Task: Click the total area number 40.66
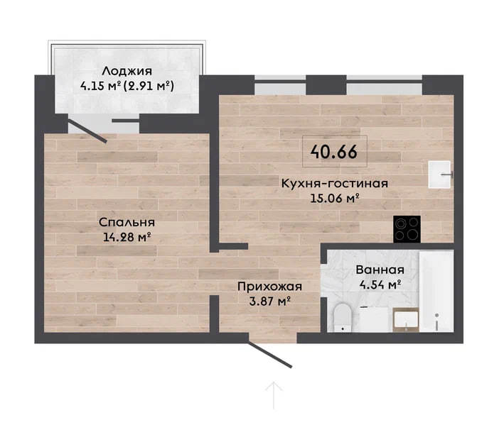tap(334, 152)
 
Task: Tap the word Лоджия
tap(127, 71)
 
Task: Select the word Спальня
tap(127, 222)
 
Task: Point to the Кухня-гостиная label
tap(335, 184)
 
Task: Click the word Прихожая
tap(269, 287)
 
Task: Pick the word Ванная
tap(380, 270)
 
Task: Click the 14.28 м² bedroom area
tap(127, 237)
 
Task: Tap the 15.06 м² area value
tap(335, 198)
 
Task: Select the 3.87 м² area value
tap(269, 301)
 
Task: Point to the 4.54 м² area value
tap(380, 284)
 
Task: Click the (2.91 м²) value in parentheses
tap(149, 86)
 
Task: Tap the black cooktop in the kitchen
tap(407, 229)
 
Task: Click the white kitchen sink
tap(439, 175)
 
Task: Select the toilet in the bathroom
tap(343, 317)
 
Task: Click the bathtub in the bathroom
tap(436, 291)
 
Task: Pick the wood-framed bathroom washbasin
tap(405, 320)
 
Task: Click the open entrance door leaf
tap(270, 355)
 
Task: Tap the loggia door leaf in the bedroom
tap(87, 132)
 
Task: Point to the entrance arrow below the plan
tap(274, 396)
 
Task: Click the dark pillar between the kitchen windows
tap(326, 85)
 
